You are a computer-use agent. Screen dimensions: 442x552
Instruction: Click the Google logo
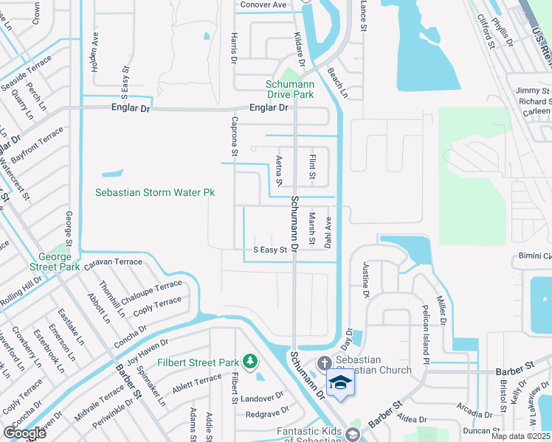24,434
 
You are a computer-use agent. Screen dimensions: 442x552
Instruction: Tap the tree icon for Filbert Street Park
250,360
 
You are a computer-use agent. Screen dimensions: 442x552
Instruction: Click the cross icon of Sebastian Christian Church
323,363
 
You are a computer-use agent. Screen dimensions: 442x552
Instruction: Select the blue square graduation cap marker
340,382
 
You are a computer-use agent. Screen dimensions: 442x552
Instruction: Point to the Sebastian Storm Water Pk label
155,192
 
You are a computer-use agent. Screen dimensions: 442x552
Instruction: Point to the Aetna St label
279,170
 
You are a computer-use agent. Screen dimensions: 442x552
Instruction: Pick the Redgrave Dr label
267,413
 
